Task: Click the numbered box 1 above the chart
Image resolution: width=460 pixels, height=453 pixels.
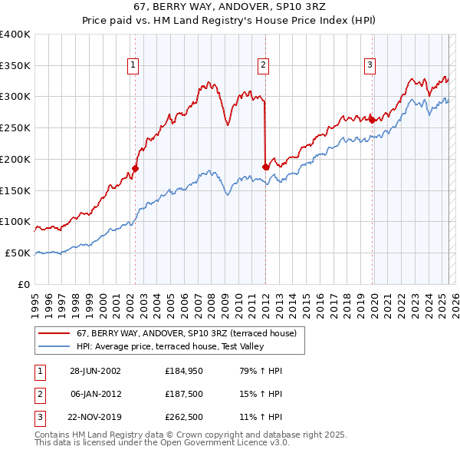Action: tap(133, 66)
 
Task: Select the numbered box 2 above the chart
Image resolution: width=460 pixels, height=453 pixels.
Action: tap(263, 66)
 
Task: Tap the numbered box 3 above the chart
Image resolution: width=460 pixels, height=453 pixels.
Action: tap(370, 66)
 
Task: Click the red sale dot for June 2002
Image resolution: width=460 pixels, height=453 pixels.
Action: tap(135, 168)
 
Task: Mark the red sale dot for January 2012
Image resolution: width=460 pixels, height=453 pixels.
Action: tap(265, 167)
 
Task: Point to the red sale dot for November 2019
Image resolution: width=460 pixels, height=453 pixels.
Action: tap(372, 120)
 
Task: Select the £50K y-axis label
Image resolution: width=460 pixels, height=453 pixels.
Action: tap(18, 253)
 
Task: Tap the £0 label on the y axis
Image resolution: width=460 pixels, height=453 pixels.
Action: tap(25, 284)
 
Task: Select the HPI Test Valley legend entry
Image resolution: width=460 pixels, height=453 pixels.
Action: tap(169, 346)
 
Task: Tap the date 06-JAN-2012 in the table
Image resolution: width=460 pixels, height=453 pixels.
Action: tap(95, 394)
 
